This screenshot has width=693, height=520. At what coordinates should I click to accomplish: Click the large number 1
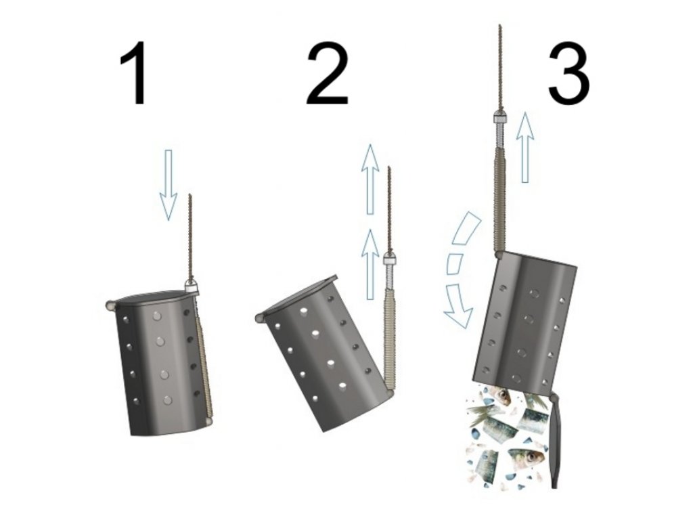tap(135, 73)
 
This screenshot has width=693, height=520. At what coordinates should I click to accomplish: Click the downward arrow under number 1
tap(168, 184)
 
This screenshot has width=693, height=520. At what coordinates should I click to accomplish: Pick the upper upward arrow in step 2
tap(370, 179)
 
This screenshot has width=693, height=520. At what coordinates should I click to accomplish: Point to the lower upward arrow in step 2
tap(370, 264)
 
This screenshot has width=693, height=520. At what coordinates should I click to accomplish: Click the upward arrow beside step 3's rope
tap(525, 147)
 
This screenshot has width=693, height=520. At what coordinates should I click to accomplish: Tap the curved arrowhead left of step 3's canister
tap(459, 306)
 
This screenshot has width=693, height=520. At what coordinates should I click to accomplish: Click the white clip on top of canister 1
tap(192, 285)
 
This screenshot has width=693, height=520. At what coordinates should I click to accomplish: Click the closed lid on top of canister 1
tap(152, 298)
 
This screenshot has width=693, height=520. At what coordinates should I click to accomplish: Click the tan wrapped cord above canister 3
tap(499, 200)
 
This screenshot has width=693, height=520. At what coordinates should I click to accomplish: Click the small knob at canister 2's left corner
tap(260, 317)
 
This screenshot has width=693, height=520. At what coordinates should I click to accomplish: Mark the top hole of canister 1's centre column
tap(157, 316)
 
